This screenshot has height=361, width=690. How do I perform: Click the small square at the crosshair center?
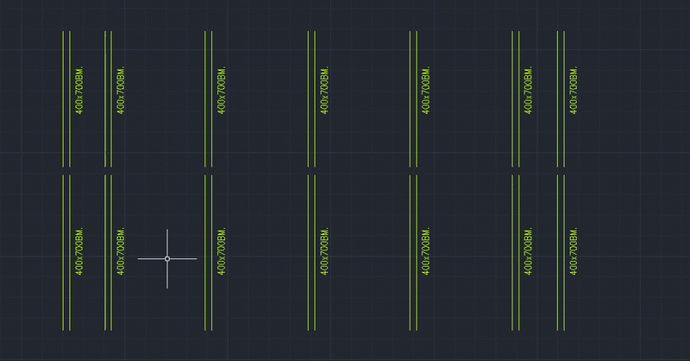167,258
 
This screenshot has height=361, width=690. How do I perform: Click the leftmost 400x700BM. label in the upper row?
79,91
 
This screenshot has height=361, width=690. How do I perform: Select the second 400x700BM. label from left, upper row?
121,91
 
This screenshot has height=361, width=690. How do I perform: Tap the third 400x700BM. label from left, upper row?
221,91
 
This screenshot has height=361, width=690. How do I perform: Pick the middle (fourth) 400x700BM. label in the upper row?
324,91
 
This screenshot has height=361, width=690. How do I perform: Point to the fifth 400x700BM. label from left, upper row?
426,91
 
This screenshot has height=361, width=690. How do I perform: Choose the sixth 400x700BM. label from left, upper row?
528,91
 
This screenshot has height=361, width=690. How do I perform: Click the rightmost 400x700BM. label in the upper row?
573,91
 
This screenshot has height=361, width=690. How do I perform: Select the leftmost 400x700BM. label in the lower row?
79,252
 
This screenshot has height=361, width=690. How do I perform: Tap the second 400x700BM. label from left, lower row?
121,252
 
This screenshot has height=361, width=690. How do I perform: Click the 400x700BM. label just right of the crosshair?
221,252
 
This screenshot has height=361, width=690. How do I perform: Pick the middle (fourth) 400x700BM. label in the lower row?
324,252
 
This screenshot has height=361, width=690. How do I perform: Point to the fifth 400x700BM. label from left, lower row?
426,252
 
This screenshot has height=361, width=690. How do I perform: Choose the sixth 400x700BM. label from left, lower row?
528,252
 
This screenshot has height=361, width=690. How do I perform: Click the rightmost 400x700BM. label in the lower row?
573,252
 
